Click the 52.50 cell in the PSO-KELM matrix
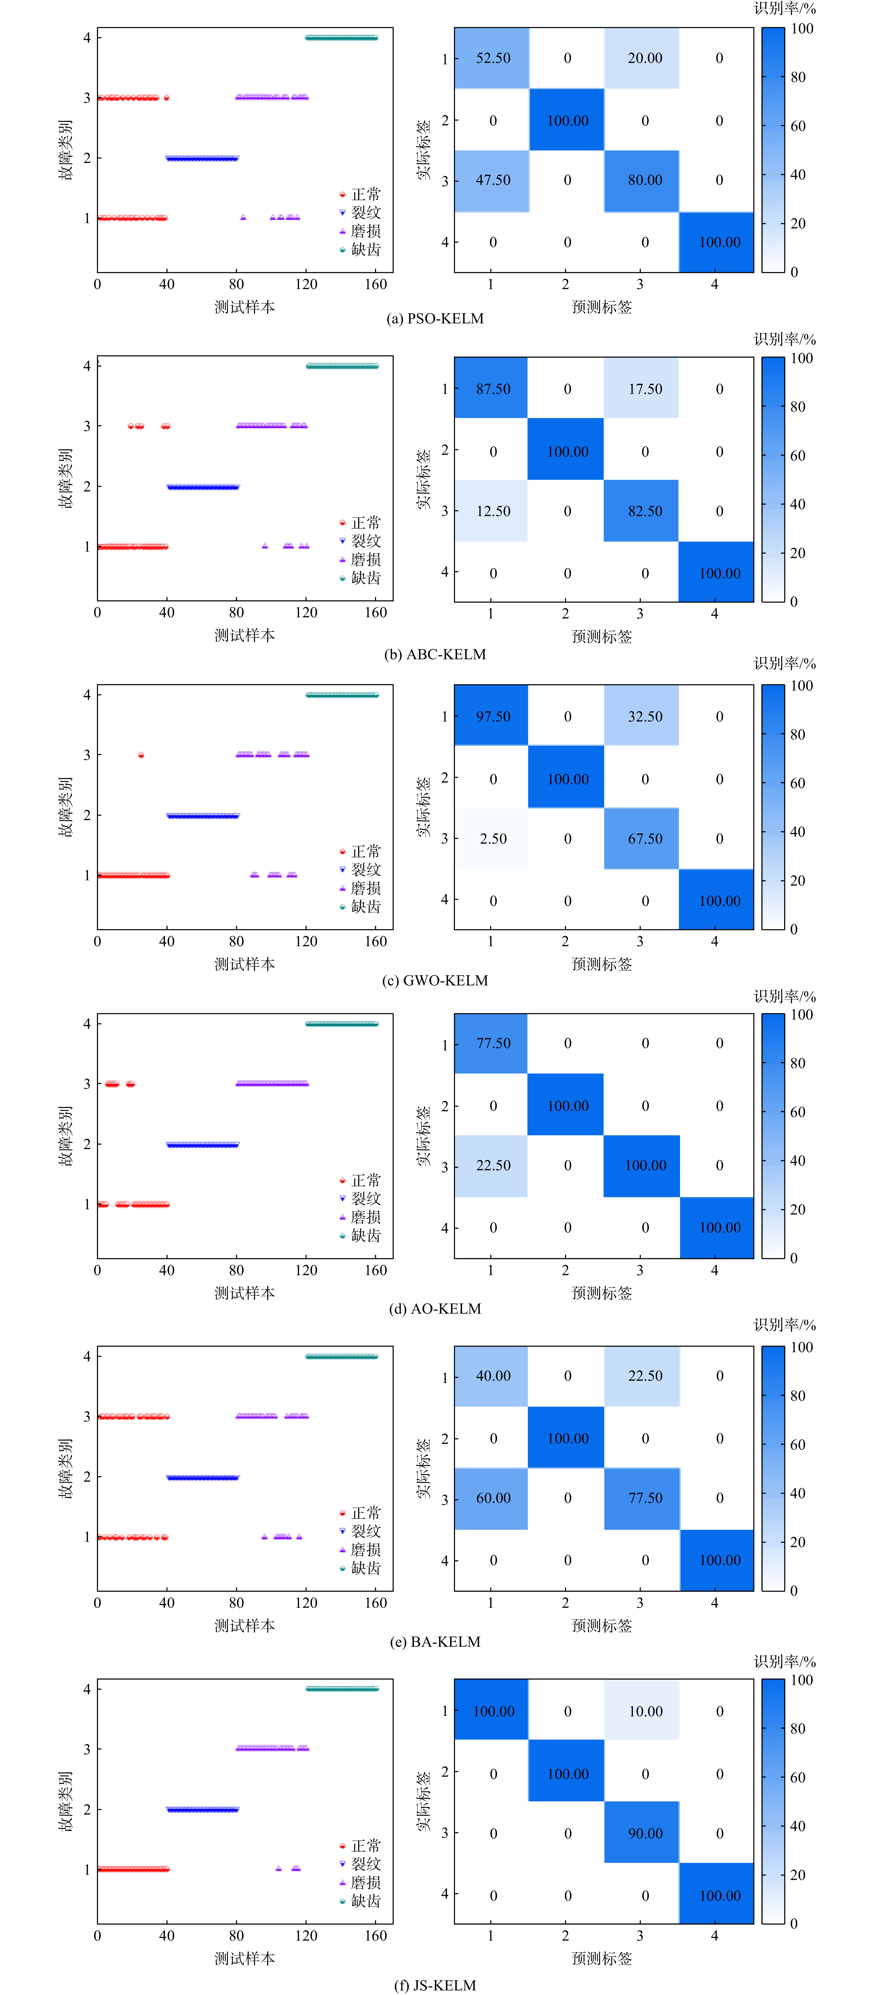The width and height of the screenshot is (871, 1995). [492, 58]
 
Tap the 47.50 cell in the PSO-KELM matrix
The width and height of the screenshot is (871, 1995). [492, 180]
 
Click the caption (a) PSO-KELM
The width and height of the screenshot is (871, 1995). [435, 318]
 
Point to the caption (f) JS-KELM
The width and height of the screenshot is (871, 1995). [435, 1985]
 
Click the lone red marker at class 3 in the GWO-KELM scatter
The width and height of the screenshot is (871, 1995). [140, 754]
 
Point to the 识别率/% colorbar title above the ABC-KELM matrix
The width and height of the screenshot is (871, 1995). [785, 339]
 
